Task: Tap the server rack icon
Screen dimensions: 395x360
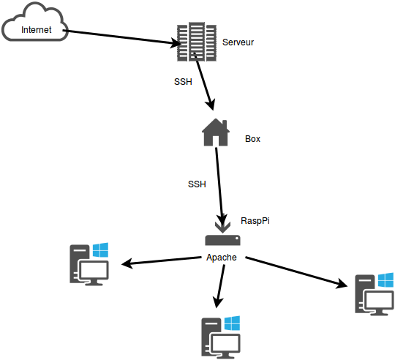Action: coord(197,42)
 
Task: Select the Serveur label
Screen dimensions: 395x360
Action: coord(238,42)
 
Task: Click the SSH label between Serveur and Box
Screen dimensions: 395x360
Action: coord(183,82)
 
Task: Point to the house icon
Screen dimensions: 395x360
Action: coord(216,132)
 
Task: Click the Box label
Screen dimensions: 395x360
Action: coord(252,139)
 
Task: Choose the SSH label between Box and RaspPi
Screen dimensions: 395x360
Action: coord(197,184)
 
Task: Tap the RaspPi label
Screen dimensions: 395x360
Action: coord(255,221)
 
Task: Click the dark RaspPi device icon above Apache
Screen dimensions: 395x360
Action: coord(222,240)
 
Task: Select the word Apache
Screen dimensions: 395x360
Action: coord(222,258)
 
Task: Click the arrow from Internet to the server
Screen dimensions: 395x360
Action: coord(122,37)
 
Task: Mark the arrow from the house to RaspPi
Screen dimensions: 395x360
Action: coord(219,187)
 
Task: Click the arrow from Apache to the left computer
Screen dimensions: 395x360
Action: coord(161,260)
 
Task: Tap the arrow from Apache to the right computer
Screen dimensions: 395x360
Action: coord(296,272)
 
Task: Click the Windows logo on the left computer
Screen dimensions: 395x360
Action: coord(100,250)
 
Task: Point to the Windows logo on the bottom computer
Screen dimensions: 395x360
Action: coord(232,323)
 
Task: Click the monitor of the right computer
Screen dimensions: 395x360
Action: coord(378,302)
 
